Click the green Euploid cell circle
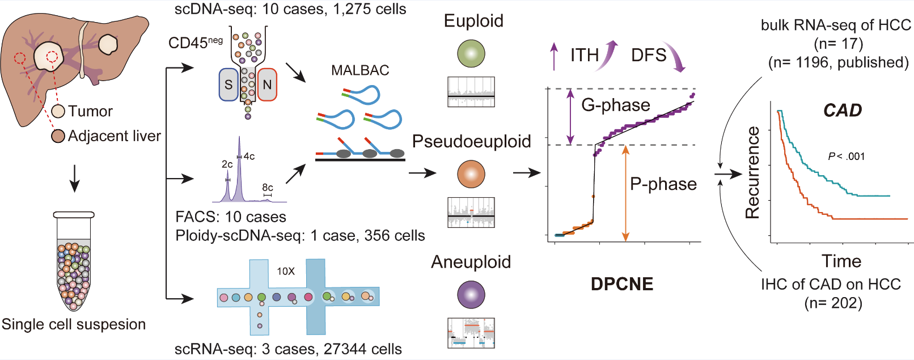click(471, 53)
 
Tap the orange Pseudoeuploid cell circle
click(471, 174)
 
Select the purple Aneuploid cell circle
click(471, 295)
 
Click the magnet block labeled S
click(228, 85)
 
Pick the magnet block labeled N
click(267, 85)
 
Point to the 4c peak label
click(249, 156)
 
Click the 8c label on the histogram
click(268, 188)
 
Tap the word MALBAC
click(360, 70)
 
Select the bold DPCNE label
click(622, 284)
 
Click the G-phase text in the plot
click(616, 105)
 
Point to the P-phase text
click(663, 184)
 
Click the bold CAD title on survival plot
click(843, 110)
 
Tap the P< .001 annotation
click(847, 156)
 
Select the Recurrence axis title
click(752, 172)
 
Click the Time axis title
click(841, 261)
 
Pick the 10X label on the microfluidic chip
click(286, 272)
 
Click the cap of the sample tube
click(74, 215)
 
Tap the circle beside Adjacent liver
click(58, 136)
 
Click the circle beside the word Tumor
click(58, 111)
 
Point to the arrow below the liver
click(74, 178)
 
